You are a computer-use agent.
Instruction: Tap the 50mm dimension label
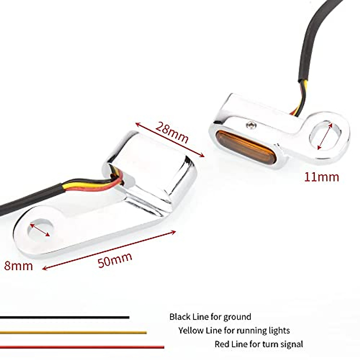pos(115,260)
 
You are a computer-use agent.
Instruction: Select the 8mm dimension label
pos(18,266)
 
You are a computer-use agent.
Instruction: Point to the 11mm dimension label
pos(322,177)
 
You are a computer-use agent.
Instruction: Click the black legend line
pos(64,317)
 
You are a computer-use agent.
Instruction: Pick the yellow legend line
pos(73,332)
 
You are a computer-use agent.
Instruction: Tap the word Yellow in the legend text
pos(190,331)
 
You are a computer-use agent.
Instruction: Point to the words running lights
pos(263,331)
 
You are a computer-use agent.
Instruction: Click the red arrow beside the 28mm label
pos(170,140)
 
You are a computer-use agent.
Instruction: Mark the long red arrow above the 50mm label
pos(109,250)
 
